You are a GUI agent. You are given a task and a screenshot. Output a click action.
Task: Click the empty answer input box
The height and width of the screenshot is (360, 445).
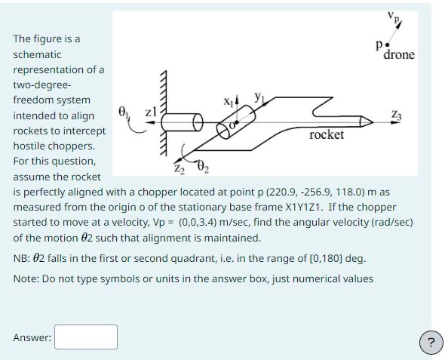[85, 337]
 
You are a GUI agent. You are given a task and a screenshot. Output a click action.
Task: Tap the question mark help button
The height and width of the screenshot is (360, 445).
[430, 343]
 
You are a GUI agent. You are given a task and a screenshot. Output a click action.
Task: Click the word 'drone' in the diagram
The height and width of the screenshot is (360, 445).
[399, 55]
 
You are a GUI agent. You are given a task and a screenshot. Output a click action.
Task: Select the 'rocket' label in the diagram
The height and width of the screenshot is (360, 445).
[327, 135]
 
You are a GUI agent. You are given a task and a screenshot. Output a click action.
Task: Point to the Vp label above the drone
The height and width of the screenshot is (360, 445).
[393, 16]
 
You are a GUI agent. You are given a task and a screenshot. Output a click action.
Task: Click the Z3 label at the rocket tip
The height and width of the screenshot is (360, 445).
[397, 114]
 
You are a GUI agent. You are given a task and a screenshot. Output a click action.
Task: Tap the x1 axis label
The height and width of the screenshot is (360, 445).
[229, 100]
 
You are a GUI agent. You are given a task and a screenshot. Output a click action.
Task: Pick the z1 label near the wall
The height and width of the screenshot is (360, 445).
[150, 112]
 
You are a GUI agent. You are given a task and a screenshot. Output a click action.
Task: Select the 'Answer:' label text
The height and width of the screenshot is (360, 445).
[32, 337]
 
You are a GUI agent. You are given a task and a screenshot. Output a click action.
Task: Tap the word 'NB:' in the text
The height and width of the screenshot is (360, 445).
[23, 258]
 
